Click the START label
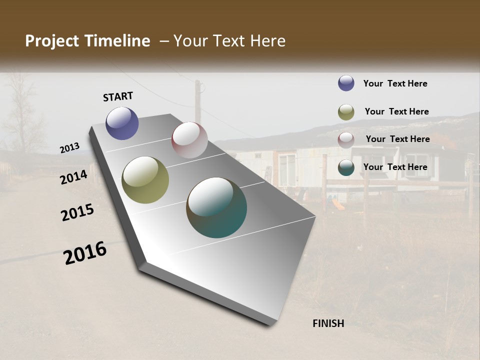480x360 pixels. pos(118,96)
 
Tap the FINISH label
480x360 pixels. pos(328,323)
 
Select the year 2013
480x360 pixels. pos(70,148)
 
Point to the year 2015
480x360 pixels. pos(77,212)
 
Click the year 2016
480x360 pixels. pos(85,252)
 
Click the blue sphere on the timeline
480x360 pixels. pos(122,123)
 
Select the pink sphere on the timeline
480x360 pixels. pos(189,140)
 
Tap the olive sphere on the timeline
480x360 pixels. pos(145,180)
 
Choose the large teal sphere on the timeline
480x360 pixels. pos(216,207)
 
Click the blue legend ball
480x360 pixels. pos(346,83)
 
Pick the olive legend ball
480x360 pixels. pos(346,112)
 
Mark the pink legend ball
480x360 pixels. pos(346,140)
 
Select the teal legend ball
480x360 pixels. pos(346,167)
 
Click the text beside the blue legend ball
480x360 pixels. pos(395,83)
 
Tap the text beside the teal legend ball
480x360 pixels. pos(395,167)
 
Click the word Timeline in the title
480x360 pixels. pos(118,41)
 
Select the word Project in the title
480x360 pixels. pos(52,41)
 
